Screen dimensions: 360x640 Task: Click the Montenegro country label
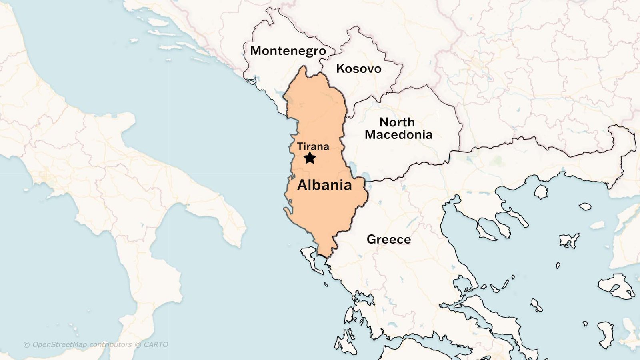point(288,51)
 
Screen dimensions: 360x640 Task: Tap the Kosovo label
point(358,69)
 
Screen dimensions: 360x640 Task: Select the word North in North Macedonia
point(397,122)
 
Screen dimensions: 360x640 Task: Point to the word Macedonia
point(398,135)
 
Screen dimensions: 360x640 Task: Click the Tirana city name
point(313,146)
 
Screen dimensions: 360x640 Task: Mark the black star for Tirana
point(310,158)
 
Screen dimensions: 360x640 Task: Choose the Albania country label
point(324,185)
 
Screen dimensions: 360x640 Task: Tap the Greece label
point(389,239)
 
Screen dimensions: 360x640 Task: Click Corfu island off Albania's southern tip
point(310,256)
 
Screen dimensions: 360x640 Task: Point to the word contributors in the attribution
point(110,344)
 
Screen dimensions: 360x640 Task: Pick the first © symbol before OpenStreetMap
point(26,345)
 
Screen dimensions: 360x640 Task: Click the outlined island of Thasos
point(541,192)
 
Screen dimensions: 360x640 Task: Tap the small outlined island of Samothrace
point(585,206)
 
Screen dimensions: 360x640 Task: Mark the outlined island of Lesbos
point(616,286)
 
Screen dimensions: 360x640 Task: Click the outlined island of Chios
point(606,334)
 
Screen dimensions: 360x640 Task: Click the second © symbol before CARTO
point(138,345)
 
